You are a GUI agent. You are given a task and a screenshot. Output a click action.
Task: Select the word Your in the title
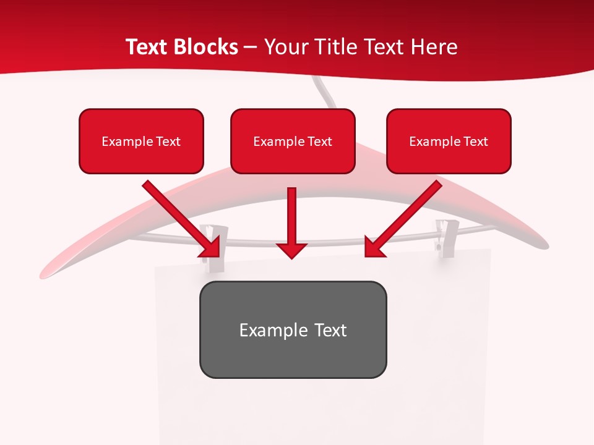285,47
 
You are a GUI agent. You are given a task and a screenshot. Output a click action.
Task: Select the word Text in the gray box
330,330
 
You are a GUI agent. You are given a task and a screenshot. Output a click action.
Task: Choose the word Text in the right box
475,142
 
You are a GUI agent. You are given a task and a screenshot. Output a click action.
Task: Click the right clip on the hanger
445,235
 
